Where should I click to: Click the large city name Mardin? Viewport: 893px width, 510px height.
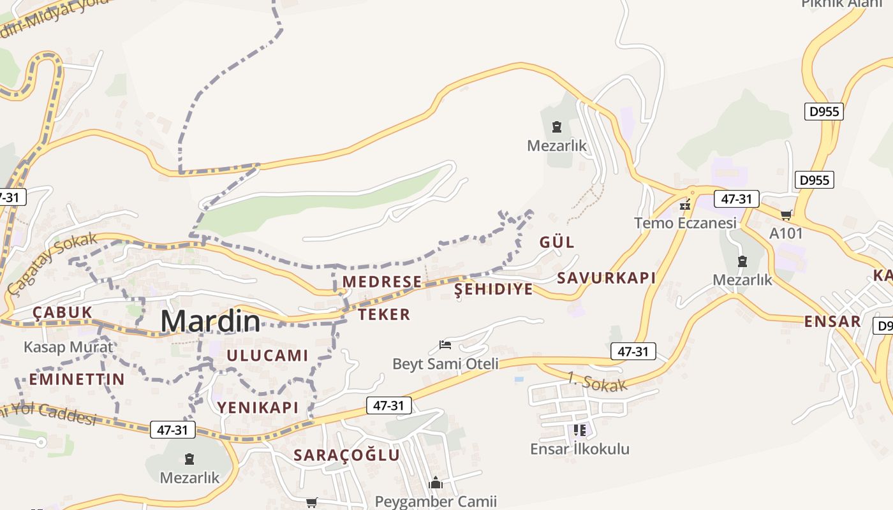pos(210,321)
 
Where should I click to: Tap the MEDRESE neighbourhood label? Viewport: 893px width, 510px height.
pos(381,282)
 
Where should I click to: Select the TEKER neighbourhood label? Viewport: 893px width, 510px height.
pos(384,314)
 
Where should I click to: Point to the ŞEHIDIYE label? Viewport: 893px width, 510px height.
pos(493,289)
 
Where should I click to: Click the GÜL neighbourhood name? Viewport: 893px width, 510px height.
pos(557,242)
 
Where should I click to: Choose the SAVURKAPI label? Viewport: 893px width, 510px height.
pos(606,278)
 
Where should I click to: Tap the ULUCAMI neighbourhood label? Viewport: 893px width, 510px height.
pos(267,356)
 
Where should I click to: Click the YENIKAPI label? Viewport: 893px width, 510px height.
pos(258,407)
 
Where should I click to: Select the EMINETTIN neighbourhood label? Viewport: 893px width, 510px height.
pos(77,379)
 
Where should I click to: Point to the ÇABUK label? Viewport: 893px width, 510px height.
pos(63,312)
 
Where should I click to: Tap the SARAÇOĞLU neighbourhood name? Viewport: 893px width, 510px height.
pos(346,455)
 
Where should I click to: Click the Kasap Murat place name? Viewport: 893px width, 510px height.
pos(68,347)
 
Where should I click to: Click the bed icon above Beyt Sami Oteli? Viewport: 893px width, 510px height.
pos(445,346)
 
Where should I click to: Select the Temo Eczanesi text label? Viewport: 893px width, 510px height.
pos(685,223)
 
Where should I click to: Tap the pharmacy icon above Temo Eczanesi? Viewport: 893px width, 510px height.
pos(686,205)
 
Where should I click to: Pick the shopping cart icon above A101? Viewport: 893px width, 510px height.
pos(786,215)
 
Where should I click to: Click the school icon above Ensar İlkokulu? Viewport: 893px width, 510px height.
pos(579,430)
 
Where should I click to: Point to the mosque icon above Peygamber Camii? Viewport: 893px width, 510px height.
pos(436,483)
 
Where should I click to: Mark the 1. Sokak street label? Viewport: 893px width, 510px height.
pos(597,381)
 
